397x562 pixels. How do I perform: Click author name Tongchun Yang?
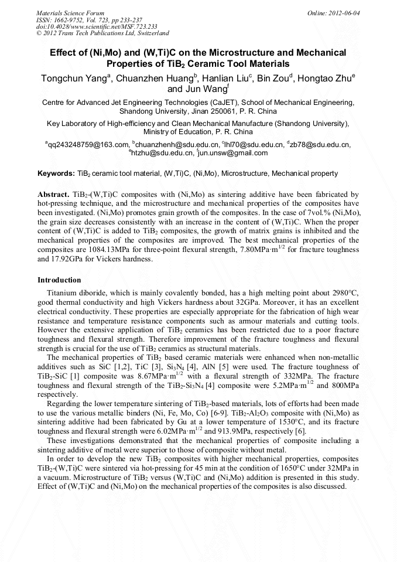coord(74,78)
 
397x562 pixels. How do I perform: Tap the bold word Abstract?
coord(53,194)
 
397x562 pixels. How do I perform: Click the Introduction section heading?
coord(59,280)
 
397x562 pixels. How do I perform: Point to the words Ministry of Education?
coord(178,132)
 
